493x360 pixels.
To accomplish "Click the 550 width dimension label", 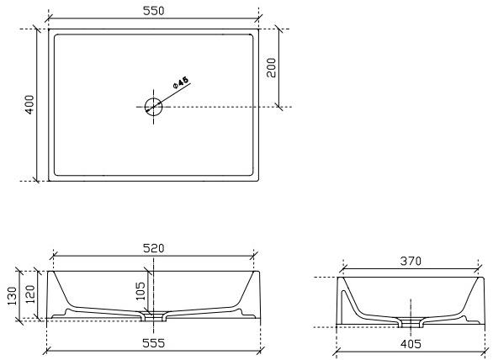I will (153, 10).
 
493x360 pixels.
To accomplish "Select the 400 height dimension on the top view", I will (29, 104).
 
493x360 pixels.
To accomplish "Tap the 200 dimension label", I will (272, 67).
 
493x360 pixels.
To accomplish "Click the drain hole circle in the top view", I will (153, 107).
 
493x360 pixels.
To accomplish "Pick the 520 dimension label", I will (153, 248).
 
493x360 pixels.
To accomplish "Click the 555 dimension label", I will (153, 343).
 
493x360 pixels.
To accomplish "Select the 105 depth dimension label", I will (140, 292).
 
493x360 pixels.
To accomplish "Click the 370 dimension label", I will (411, 262).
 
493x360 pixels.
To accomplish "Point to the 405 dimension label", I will (411, 343).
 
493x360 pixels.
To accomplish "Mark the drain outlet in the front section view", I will (154, 317).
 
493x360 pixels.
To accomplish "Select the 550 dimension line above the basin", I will (101, 19).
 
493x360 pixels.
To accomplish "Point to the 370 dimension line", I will (370, 270).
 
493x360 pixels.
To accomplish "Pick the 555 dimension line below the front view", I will (101, 351).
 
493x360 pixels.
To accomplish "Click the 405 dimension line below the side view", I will (370, 351).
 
